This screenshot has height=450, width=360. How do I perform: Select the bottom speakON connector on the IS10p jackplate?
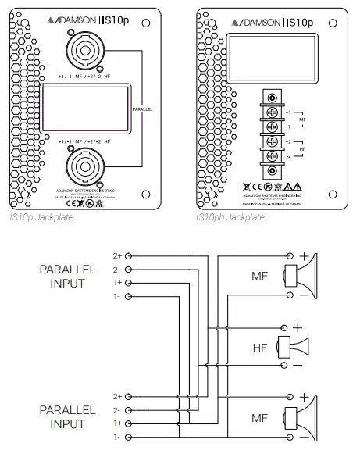pos(84,166)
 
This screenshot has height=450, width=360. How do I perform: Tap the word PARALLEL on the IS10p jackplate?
pos(142,111)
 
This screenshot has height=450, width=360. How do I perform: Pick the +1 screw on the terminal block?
pos(273,112)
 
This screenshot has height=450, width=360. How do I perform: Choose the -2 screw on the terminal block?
pos(273,155)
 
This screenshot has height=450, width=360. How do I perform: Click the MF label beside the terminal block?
pos(302,119)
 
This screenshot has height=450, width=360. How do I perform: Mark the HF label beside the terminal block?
pos(302,148)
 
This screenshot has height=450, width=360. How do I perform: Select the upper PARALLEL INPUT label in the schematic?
pos(68,276)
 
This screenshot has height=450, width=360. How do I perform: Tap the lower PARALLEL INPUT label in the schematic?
pos(68,416)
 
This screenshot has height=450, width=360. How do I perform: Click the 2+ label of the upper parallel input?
pos(118,255)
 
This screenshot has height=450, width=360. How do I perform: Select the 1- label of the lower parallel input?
pos(118,436)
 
